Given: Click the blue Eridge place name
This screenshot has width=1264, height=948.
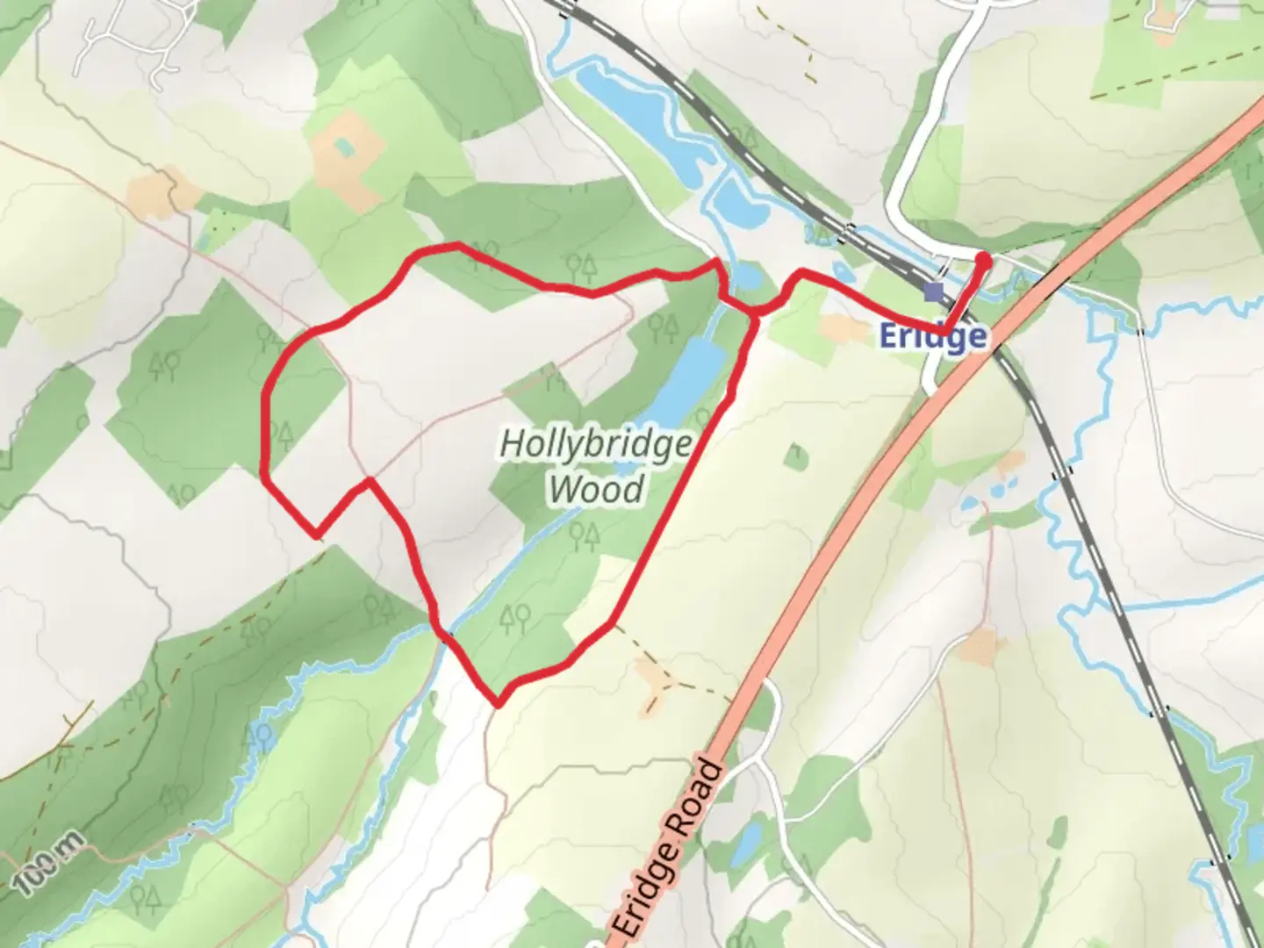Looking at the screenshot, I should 932,336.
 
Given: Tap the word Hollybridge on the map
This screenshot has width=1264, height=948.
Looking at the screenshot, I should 595,444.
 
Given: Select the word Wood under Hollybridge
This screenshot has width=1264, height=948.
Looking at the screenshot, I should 596,489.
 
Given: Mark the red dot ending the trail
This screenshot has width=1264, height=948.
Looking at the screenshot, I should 984,261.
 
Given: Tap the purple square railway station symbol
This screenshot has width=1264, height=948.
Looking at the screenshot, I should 934,291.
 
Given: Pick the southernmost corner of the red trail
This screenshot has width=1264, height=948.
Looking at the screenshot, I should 498,703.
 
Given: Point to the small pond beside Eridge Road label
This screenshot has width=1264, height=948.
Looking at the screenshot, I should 747,844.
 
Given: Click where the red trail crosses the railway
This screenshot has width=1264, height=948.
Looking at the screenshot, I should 950,327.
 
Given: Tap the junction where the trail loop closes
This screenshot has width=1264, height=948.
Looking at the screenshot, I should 754,312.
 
